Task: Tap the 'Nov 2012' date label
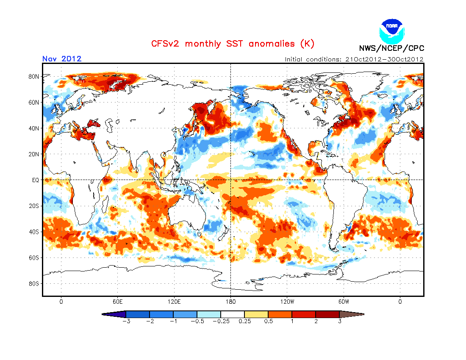(62, 59)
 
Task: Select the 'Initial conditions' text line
(354, 59)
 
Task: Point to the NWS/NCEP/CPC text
(391, 48)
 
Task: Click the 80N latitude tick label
(34, 77)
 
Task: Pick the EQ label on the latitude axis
(35, 180)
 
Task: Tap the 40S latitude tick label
(34, 232)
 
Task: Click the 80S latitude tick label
(34, 283)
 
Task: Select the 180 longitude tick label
(230, 302)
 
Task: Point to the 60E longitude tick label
(117, 302)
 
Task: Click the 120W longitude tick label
(287, 302)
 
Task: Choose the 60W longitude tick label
(344, 302)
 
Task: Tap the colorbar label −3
(125, 321)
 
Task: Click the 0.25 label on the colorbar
(244, 321)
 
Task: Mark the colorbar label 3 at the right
(339, 321)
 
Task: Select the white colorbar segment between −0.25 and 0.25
(233, 314)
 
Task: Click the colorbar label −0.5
(197, 321)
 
